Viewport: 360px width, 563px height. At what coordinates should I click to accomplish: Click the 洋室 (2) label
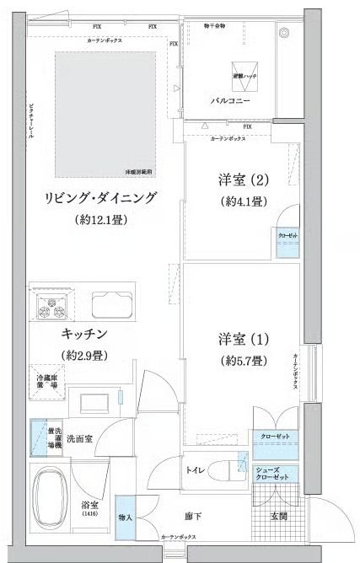click(232, 180)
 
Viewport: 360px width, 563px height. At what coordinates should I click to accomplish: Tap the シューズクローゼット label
click(271, 475)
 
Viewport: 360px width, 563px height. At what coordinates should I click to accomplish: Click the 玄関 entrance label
click(277, 516)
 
